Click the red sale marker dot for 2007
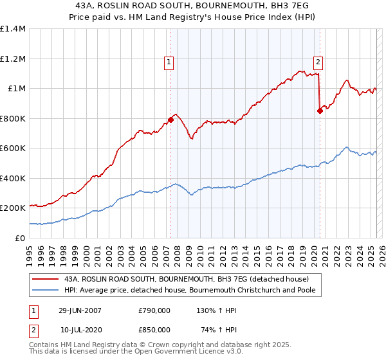pyautogui.click(x=170, y=120)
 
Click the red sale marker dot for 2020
pyautogui.click(x=320, y=111)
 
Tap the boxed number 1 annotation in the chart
pyautogui.click(x=169, y=62)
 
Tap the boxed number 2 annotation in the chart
pyautogui.click(x=318, y=62)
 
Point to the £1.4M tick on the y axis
pyautogui.click(x=13, y=29)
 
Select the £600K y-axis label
pyautogui.click(x=13, y=148)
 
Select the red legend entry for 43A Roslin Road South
pyautogui.click(x=187, y=279)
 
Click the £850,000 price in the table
pyautogui.click(x=154, y=329)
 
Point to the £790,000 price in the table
pyautogui.click(x=154, y=310)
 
